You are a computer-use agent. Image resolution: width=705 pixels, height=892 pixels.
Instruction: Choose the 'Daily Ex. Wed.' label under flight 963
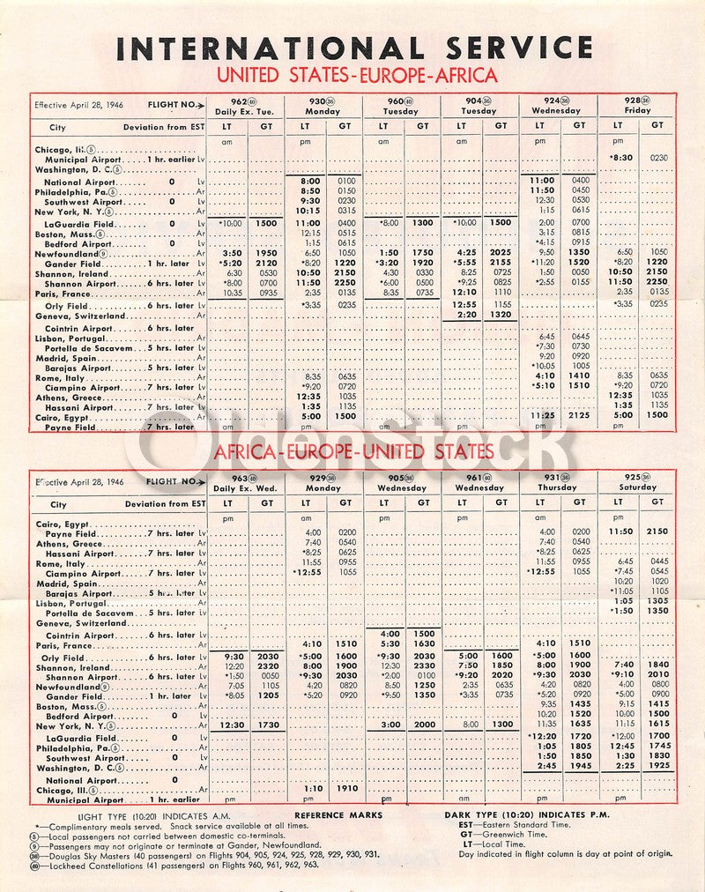[247, 487]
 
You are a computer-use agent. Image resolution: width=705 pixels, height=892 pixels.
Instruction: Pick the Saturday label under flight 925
[638, 487]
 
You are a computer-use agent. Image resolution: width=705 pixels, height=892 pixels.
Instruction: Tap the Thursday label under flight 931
[559, 487]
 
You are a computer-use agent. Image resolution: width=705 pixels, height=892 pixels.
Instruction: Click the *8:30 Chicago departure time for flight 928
[620, 156]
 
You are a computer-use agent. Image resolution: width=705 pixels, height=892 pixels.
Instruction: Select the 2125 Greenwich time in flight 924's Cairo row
[579, 415]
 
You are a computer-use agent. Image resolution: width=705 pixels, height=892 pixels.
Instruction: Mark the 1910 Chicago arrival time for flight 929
[345, 788]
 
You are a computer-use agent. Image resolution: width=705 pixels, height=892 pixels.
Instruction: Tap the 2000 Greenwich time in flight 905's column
[423, 725]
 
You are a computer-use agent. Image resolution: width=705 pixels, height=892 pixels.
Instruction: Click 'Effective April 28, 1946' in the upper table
[79, 105]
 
